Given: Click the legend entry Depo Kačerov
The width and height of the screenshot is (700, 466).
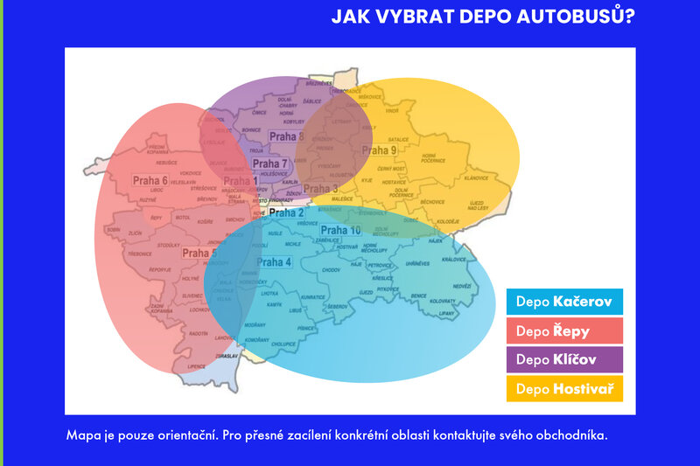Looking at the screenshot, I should point(564,303).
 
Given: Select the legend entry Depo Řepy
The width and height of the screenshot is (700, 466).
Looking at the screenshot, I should point(564,331).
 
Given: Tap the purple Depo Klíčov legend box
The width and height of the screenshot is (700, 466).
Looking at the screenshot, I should point(564,359).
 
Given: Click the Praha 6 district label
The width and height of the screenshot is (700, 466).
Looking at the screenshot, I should point(150,181).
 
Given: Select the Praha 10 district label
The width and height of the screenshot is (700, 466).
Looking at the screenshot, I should point(342,230).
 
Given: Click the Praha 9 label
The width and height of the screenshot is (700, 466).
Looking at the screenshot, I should point(381,150).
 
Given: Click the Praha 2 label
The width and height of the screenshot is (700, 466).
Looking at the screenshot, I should point(286,212).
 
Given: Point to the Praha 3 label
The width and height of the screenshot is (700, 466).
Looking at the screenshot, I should point(320,188).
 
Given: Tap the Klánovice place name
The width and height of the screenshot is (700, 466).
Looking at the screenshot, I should point(476,177).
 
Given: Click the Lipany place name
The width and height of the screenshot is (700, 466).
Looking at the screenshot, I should point(447,312).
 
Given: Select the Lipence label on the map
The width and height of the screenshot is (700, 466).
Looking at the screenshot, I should point(196,365).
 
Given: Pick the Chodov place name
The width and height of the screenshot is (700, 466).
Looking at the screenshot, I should point(331,270).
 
